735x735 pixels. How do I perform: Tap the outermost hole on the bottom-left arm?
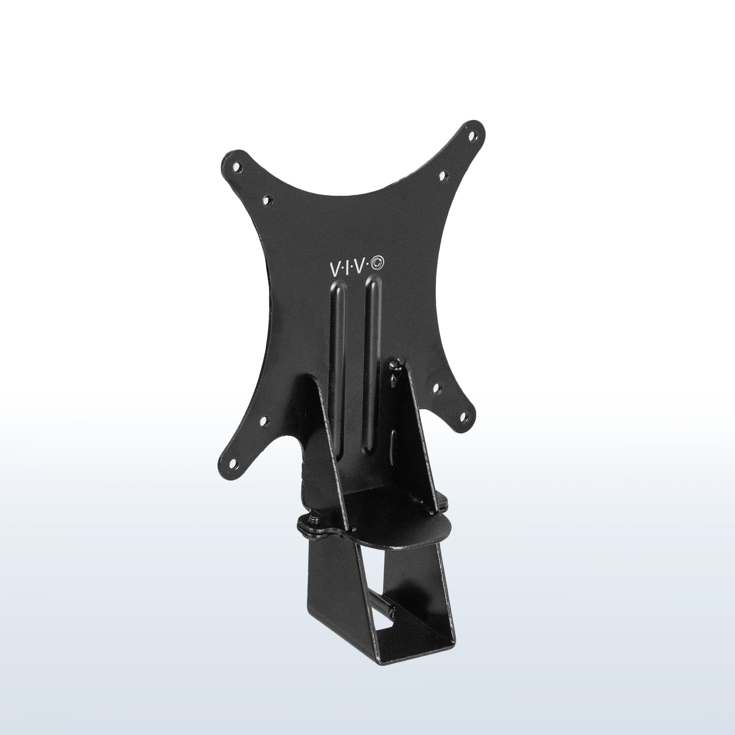tap(233, 463)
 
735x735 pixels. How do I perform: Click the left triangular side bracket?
tap(323, 456)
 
